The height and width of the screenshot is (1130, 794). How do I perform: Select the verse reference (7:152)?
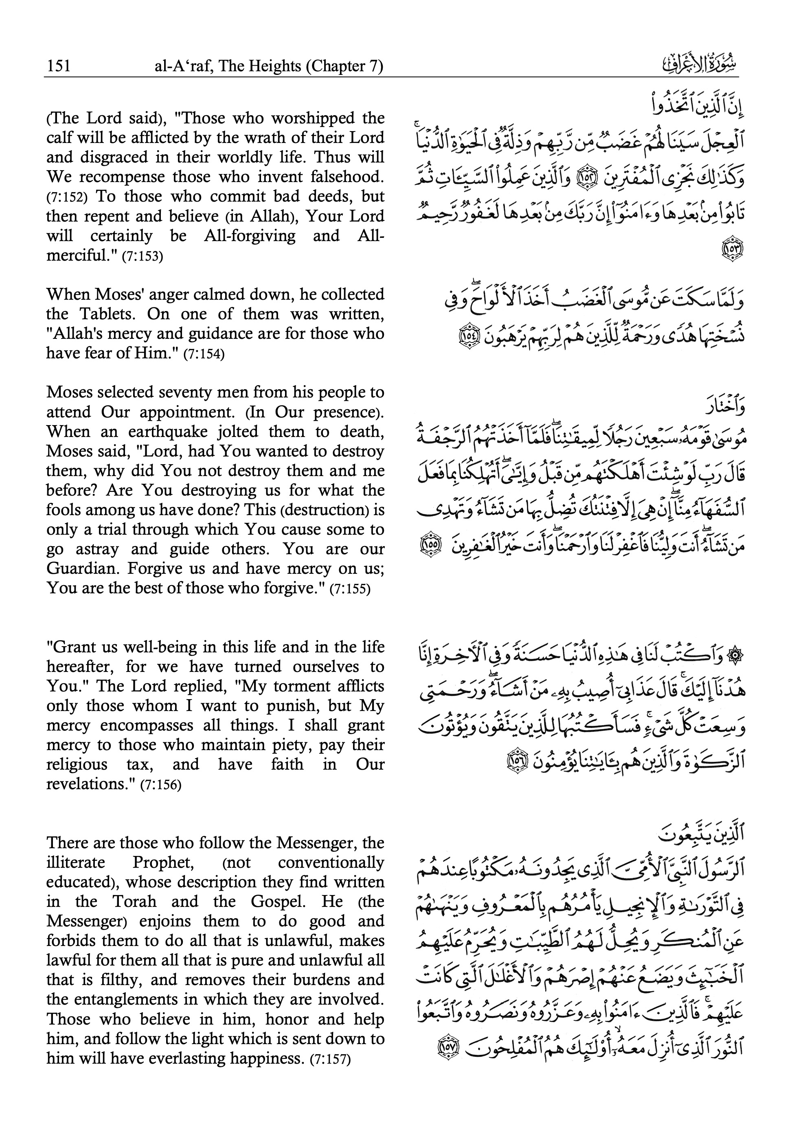click(67, 197)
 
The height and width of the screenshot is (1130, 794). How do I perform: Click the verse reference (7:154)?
click(204, 354)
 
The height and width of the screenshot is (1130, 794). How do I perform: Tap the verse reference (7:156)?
click(160, 785)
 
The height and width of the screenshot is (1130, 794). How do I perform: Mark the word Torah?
click(134, 902)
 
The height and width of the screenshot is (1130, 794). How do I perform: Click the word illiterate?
click(76, 863)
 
